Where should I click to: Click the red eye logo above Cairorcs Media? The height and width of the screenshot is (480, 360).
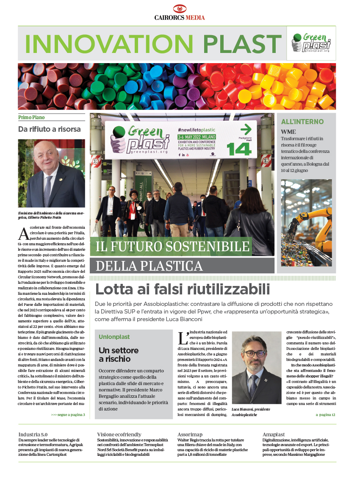pos(180,9)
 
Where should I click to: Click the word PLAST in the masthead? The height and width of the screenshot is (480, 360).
pos(242,44)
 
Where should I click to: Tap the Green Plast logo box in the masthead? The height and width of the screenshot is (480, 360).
pos(311,43)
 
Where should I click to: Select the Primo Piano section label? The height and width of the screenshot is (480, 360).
pos(31,117)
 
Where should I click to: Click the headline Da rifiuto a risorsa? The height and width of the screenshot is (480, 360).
pos(49,129)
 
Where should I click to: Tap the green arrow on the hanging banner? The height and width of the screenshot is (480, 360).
pos(246,130)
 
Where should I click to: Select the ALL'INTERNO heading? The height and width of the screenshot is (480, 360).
pos(302,122)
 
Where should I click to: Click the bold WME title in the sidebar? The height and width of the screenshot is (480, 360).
pos(289,132)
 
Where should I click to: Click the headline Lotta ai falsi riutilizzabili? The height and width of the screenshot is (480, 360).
pos(182,289)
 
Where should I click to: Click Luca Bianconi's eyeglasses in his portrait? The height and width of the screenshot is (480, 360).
pos(255,354)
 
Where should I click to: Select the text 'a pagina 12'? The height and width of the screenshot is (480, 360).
pos(325,414)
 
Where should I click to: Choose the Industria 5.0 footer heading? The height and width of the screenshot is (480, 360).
pos(33,435)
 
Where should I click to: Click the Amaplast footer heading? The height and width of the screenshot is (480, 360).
pos(274,435)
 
